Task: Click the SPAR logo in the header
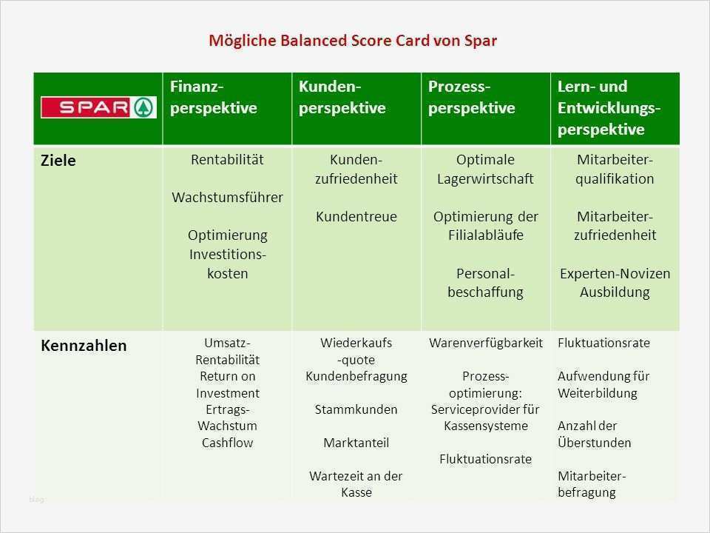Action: click(x=98, y=107)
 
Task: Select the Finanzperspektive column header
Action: click(x=214, y=97)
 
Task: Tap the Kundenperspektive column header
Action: click(x=342, y=97)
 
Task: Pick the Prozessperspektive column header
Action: click(x=472, y=97)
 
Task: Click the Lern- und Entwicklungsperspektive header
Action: click(x=609, y=108)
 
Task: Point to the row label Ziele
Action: click(x=58, y=161)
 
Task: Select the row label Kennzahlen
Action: click(x=84, y=346)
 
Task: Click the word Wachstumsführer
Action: click(x=227, y=197)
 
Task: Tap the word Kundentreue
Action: click(x=356, y=216)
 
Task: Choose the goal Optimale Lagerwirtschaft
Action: click(x=485, y=169)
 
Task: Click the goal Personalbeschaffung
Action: click(x=485, y=283)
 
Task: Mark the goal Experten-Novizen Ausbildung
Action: click(x=615, y=283)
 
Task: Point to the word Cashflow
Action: click(x=227, y=443)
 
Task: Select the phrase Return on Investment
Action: click(x=227, y=384)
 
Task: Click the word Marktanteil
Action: click(x=356, y=443)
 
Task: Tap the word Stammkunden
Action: click(x=356, y=409)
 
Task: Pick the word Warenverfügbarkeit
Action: click(x=485, y=343)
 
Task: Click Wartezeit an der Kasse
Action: click(x=356, y=484)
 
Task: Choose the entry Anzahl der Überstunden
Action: click(x=594, y=435)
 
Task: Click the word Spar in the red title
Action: click(x=481, y=41)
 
